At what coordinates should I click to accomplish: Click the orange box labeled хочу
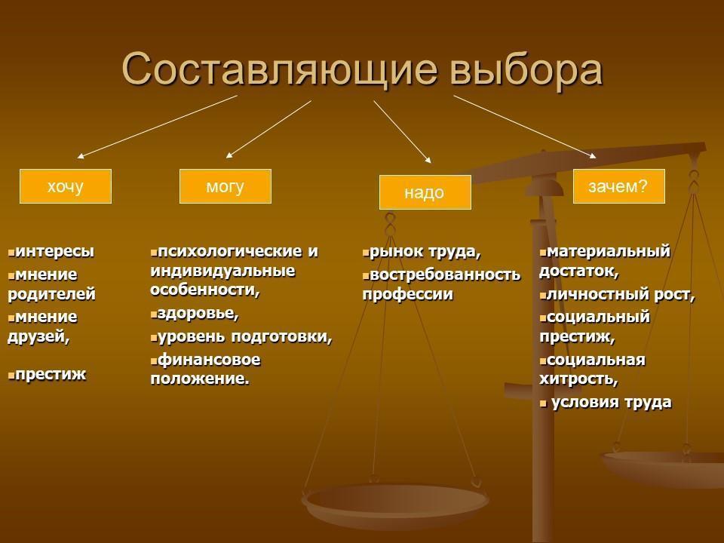(x=66, y=186)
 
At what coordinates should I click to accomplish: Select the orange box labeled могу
(x=225, y=186)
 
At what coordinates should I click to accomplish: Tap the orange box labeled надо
(x=425, y=192)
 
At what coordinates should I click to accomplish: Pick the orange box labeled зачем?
(x=619, y=186)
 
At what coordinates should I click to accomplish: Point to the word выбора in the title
(x=526, y=69)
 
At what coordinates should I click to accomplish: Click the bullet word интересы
(x=54, y=251)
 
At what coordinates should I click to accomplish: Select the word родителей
(x=51, y=294)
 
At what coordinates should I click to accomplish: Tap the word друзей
(x=38, y=336)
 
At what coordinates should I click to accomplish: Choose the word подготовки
(x=281, y=336)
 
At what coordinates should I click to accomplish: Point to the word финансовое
(x=209, y=360)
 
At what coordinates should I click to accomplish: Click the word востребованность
(x=445, y=275)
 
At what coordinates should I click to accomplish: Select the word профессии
(x=408, y=295)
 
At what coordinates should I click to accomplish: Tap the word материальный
(x=608, y=251)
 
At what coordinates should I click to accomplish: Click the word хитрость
(x=578, y=379)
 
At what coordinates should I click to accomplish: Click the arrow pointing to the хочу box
(x=157, y=127)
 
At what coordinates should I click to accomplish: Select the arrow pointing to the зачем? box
(x=525, y=127)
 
